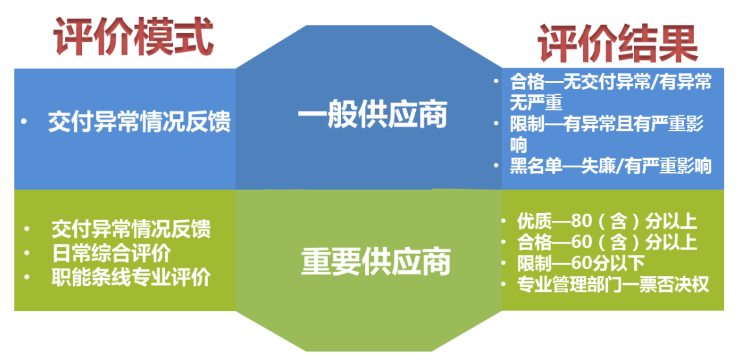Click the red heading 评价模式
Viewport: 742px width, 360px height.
(133, 36)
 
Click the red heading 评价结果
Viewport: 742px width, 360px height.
(618, 44)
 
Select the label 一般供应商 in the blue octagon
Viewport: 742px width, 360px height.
(373, 116)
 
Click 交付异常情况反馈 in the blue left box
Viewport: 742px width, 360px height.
(139, 123)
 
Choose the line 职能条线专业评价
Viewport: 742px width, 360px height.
(131, 277)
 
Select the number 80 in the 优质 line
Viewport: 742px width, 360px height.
(582, 222)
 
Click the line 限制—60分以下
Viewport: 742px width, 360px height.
(581, 263)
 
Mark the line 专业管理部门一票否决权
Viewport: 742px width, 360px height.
(613, 285)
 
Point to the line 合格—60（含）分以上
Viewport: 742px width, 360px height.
(607, 242)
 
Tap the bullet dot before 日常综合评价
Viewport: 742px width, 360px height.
(27, 254)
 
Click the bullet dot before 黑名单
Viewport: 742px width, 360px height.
(496, 166)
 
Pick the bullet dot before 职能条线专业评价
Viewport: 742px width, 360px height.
(27, 278)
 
